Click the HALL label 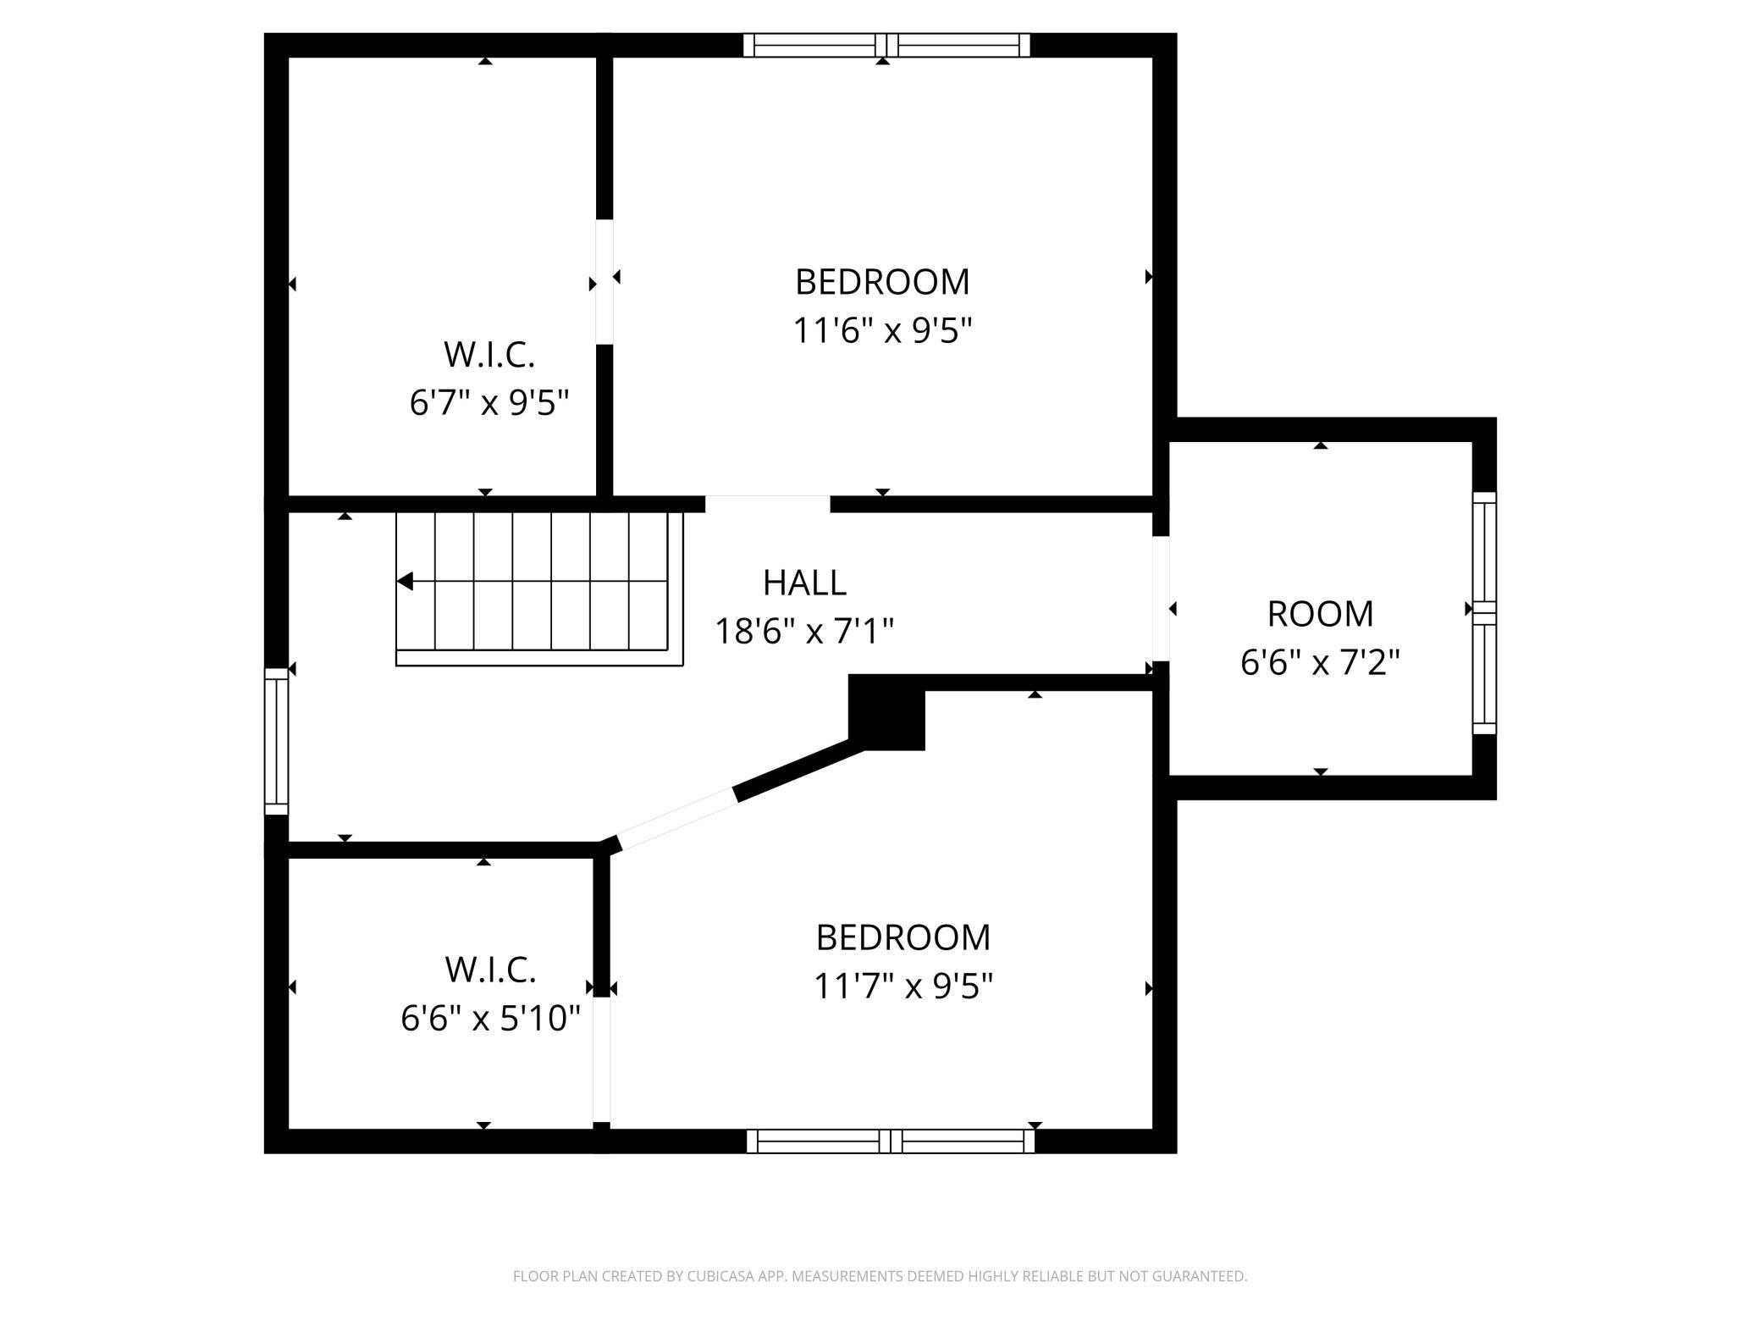point(804,583)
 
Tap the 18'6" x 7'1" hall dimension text point(804,631)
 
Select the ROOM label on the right point(1320,614)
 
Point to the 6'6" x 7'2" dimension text point(1320,662)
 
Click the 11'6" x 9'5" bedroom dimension point(882,330)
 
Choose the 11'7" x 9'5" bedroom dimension point(903,986)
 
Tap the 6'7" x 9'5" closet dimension point(489,402)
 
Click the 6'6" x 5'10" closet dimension point(490,1018)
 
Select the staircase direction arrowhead point(405,582)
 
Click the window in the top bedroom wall point(886,45)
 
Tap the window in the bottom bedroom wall point(891,1141)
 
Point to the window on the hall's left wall point(277,742)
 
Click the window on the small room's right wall point(1485,613)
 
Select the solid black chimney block point(886,712)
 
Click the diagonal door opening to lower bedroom point(677,820)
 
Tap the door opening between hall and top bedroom point(768,504)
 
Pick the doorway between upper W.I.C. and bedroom point(604,282)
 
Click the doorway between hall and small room point(1161,599)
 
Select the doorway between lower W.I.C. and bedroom point(601,1060)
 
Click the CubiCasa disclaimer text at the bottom point(880,1275)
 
